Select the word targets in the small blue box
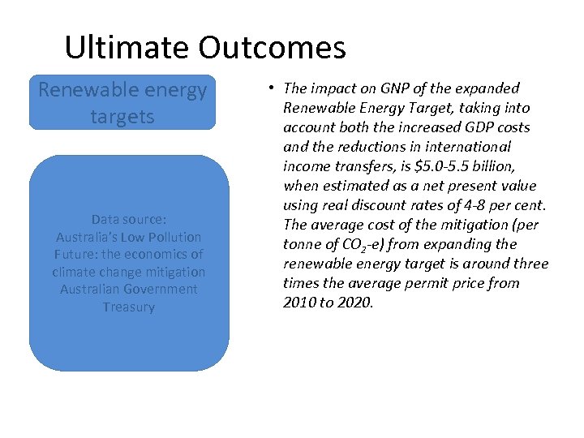122,116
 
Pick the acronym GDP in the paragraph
479,127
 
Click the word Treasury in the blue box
128,307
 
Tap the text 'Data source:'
128,219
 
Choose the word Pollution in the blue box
173,237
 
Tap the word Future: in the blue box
77,255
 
